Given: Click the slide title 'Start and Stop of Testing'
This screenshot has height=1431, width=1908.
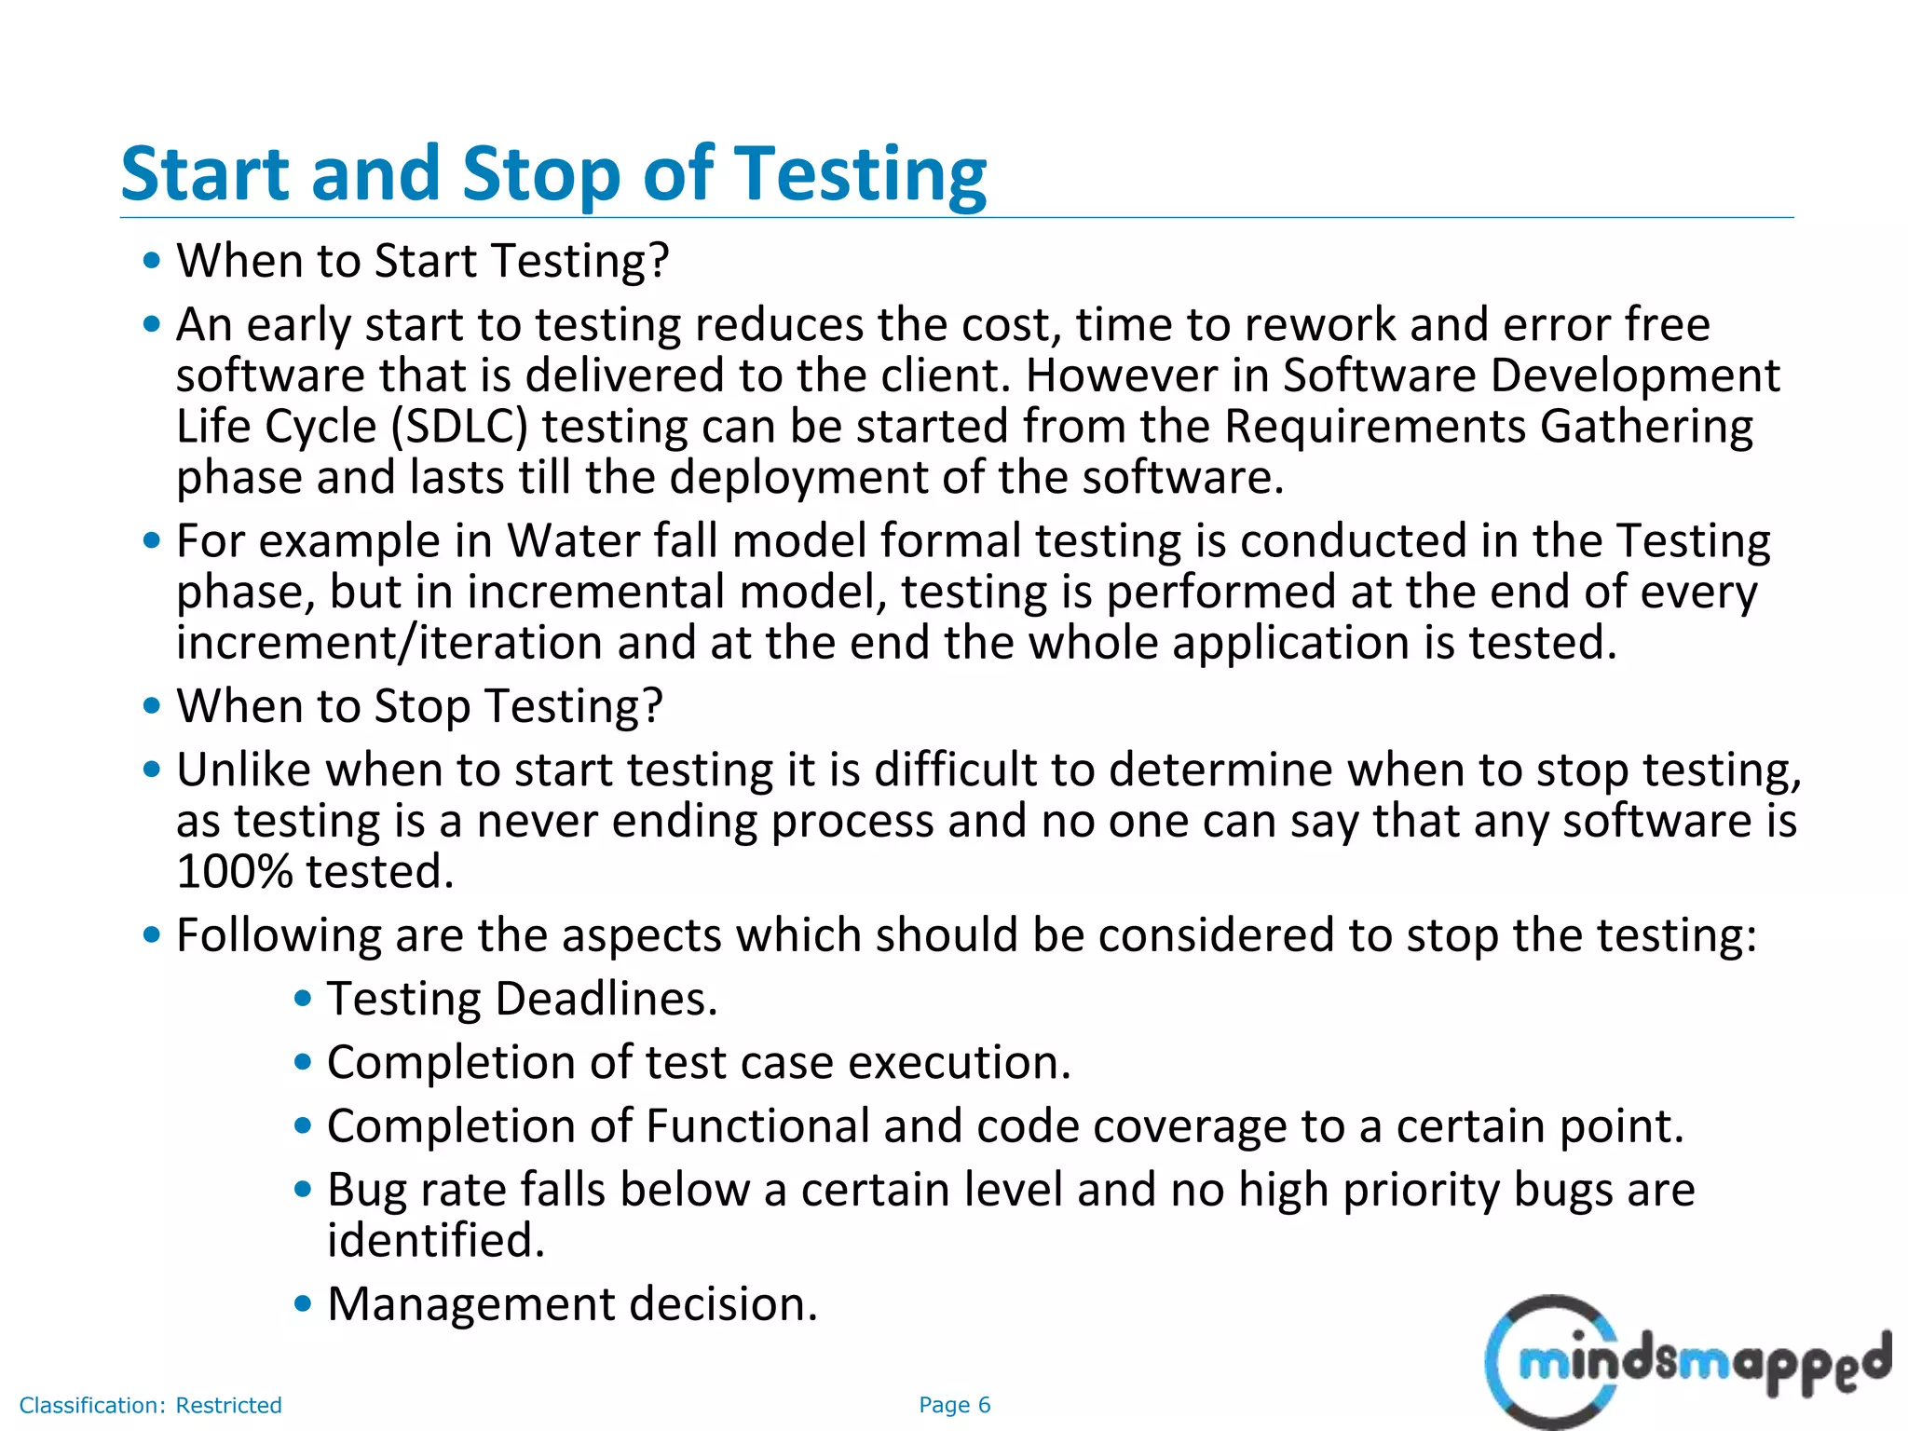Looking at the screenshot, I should point(553,174).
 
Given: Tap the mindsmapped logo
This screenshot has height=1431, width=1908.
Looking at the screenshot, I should point(1686,1362).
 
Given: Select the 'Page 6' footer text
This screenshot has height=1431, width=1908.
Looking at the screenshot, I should point(954,1405).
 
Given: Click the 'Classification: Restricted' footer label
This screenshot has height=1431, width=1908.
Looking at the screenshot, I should point(150,1405).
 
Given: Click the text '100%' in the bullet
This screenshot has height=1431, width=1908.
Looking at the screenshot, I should point(235,872).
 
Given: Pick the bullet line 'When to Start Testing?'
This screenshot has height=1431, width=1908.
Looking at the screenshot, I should point(423,261).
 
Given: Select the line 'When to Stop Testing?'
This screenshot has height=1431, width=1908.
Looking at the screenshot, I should point(419,706).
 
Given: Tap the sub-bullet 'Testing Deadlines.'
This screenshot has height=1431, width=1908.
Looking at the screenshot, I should point(522,999).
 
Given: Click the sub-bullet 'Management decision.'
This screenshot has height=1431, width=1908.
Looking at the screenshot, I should point(572,1303).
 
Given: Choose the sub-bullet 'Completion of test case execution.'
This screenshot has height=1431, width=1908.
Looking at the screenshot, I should point(699,1062).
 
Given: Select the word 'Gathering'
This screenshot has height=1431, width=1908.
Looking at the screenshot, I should point(1646,427).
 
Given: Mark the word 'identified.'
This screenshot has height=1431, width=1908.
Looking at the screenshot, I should point(436,1240).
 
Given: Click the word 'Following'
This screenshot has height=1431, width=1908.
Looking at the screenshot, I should point(279,935).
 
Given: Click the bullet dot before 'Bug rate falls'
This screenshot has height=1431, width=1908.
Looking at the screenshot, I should point(302,1189).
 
